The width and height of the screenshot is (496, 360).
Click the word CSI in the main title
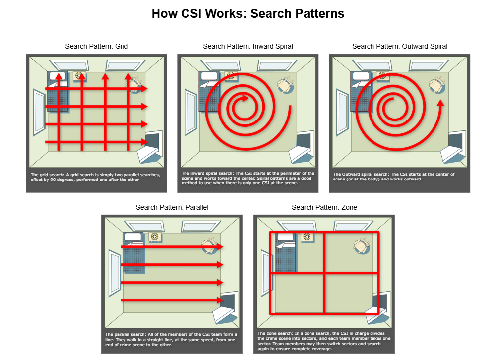point(192,13)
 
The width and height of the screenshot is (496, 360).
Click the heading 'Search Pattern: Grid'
point(97,46)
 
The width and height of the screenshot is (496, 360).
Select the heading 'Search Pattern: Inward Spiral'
point(248,46)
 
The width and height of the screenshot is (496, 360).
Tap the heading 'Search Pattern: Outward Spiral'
point(400,46)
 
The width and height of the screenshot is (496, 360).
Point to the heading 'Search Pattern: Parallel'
point(172,207)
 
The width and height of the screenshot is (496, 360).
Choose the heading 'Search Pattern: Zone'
point(324,207)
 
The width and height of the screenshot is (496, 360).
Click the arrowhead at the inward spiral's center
point(245,98)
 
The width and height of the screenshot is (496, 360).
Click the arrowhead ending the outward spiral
point(440,103)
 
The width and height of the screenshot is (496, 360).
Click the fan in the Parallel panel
point(155,237)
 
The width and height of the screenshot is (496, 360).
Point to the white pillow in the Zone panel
point(285,237)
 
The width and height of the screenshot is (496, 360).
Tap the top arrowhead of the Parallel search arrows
point(220,247)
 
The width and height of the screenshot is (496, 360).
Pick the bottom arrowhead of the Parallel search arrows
point(220,300)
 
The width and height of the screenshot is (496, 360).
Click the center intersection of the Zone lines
point(324,272)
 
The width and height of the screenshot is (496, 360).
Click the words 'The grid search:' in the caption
point(48,175)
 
